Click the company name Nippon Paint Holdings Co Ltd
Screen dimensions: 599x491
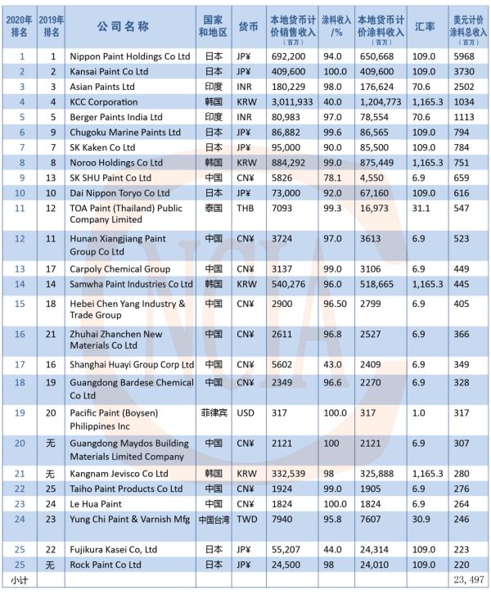pyautogui.click(x=130, y=56)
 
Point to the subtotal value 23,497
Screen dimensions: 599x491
pyautogui.click(x=467, y=579)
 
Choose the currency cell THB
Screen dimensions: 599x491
pyautogui.click(x=245, y=209)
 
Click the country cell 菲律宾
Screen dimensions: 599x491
pyautogui.click(x=212, y=412)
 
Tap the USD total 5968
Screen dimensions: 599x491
pyautogui.click(x=464, y=56)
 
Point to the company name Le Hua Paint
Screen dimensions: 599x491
pyautogui.click(x=96, y=503)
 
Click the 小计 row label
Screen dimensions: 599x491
pyautogui.click(x=20, y=579)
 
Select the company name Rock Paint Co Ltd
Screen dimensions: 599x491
pyautogui.click(x=106, y=564)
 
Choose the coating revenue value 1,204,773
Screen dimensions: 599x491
pyautogui.click(x=381, y=102)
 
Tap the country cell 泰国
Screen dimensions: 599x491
pyautogui.click(x=212, y=209)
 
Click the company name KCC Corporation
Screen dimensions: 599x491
pyautogui.click(x=104, y=102)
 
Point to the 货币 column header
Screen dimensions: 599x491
pyautogui.click(x=246, y=26)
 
